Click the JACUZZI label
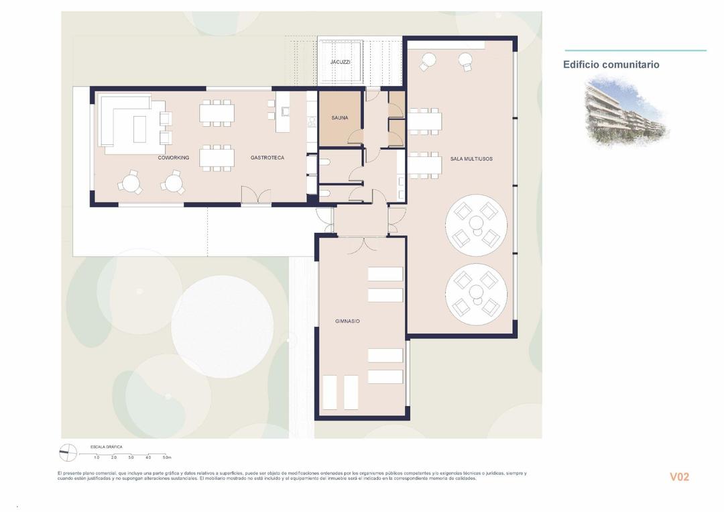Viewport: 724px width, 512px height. pos(340,62)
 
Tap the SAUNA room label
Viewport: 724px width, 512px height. pos(339,118)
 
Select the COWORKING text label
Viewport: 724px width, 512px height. pos(173,158)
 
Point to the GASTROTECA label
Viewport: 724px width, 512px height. pos(267,158)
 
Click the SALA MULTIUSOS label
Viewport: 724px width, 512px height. pos(471,159)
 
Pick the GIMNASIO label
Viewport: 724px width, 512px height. pos(347,321)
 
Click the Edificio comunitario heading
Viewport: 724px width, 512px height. pos(611,65)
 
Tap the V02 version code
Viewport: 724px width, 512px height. pos(679,477)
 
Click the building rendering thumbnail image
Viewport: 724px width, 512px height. pos(626,111)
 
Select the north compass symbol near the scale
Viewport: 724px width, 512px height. pos(68,453)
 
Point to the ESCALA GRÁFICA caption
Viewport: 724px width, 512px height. pos(106,447)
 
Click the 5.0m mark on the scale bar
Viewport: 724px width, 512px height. pos(167,458)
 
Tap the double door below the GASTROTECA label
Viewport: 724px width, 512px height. pos(256,196)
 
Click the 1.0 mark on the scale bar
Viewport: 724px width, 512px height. pos(97,458)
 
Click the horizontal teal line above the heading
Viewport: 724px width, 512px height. pos(635,50)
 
